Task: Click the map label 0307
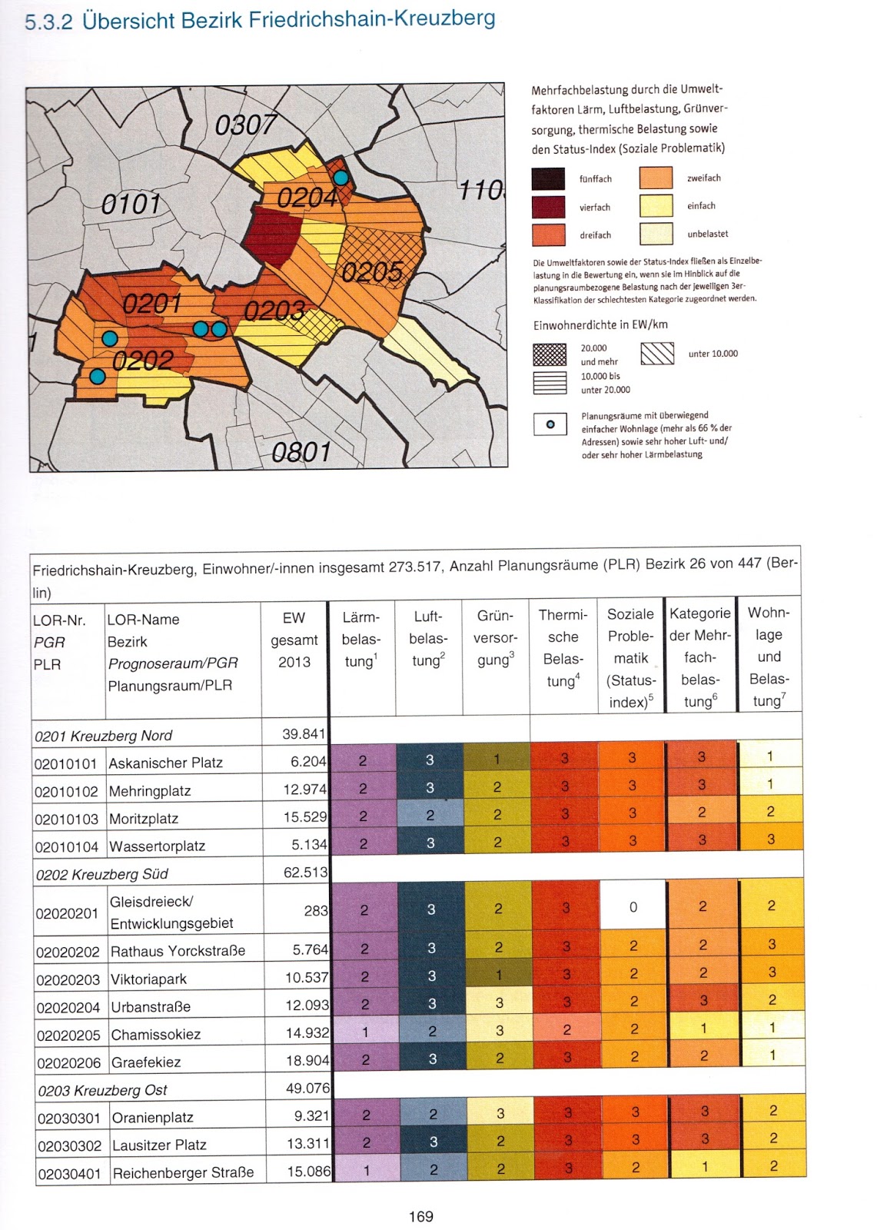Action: (245, 124)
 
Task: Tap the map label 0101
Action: (131, 204)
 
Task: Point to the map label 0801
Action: (301, 452)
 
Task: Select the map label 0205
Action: (372, 271)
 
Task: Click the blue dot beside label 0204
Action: (341, 178)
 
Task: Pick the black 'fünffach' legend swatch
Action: (548, 179)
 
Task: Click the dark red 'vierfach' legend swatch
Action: (548, 207)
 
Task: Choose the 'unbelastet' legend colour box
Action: (656, 234)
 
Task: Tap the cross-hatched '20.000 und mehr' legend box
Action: (550, 354)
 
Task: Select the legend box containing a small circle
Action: (550, 424)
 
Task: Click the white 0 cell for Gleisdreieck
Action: (633, 907)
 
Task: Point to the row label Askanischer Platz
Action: (165, 763)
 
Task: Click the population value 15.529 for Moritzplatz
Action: (304, 816)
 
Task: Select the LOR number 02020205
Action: (68, 1035)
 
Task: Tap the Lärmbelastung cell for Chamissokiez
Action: (365, 1032)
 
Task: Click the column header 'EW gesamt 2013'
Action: (294, 640)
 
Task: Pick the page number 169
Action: (421, 1216)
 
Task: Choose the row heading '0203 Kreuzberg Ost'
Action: (102, 1090)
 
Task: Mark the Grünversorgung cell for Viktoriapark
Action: (498, 975)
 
